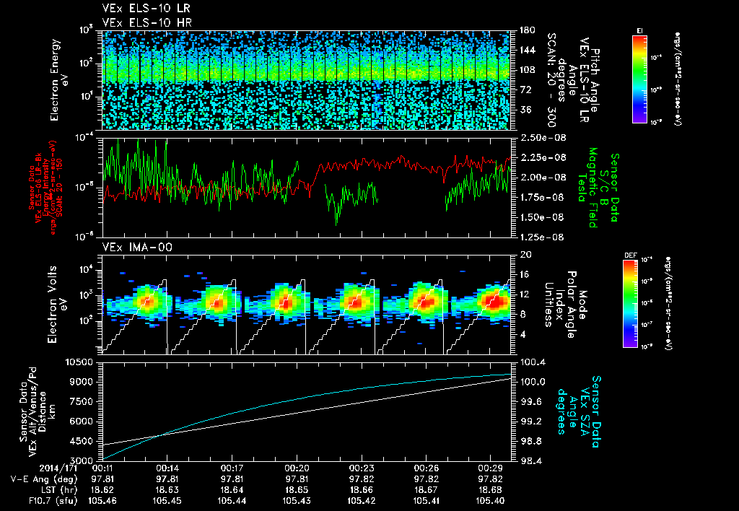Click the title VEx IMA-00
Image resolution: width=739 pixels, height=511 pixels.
[131, 247]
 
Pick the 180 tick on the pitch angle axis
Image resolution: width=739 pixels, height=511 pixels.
[522, 30]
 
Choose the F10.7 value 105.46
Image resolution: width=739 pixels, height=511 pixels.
[102, 500]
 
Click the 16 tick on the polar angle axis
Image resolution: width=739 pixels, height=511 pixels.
[522, 274]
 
